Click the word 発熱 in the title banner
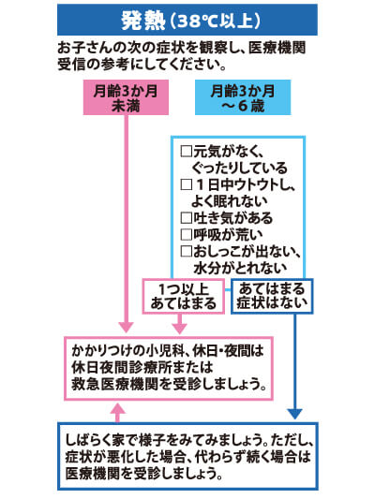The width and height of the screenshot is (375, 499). coord(143,21)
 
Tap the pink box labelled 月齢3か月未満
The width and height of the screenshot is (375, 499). coord(126,97)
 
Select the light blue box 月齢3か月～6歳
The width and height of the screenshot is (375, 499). coord(243,97)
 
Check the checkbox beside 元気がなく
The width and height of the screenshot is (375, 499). coord(186,151)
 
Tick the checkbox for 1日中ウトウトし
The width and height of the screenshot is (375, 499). coord(186,184)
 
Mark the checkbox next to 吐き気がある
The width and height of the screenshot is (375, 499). coord(186,218)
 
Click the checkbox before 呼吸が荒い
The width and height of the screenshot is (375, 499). coord(186,235)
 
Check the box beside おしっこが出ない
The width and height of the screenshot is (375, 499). coord(186,252)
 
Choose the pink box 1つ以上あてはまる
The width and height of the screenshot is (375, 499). coord(183,296)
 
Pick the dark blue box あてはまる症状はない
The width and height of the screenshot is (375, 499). coord(272,296)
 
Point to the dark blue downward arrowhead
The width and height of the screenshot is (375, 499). coord(295,414)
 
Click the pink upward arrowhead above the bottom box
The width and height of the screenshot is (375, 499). coord(118,408)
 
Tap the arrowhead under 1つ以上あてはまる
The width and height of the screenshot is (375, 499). coord(180,329)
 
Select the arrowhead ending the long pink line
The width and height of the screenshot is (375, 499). coord(127,328)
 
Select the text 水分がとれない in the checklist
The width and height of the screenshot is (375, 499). coord(240,269)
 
